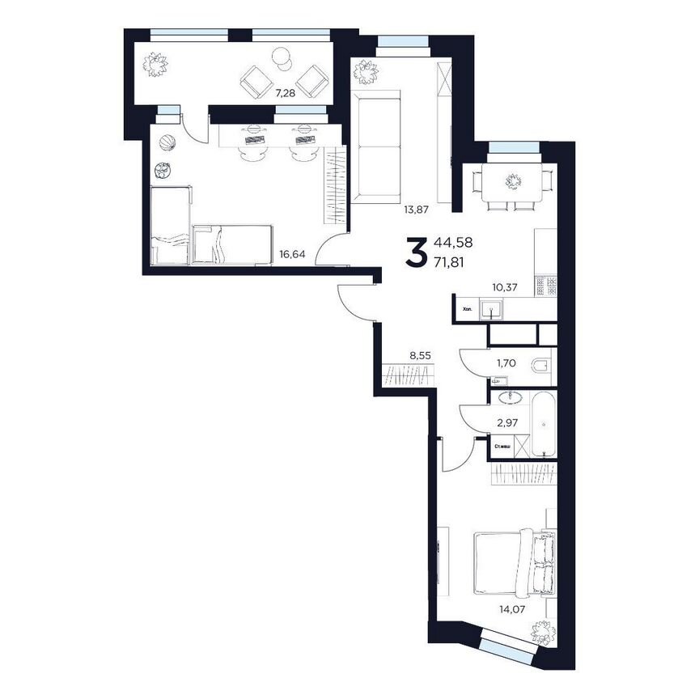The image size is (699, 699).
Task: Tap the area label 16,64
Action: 293,254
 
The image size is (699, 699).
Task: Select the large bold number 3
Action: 416,252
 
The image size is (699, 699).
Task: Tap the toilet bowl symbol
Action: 540,366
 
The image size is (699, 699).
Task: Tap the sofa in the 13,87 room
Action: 379,151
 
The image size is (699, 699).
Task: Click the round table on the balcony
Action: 281,57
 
